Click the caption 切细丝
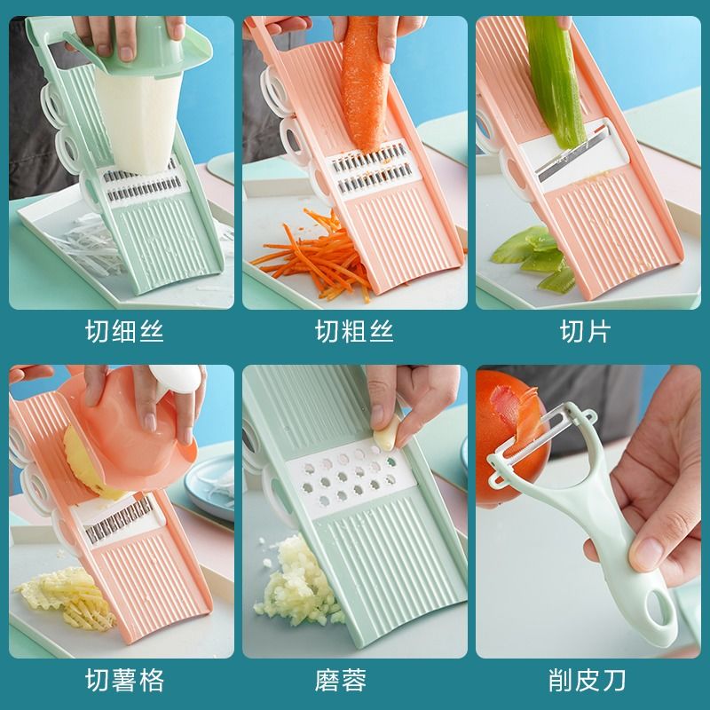tap(124, 331)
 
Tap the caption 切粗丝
tap(354, 331)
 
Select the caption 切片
tap(585, 331)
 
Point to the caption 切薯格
tap(124, 680)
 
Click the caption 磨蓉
tap(341, 680)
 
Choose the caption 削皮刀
tap(587, 680)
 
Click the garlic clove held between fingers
tap(388, 433)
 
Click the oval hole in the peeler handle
tap(658, 610)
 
